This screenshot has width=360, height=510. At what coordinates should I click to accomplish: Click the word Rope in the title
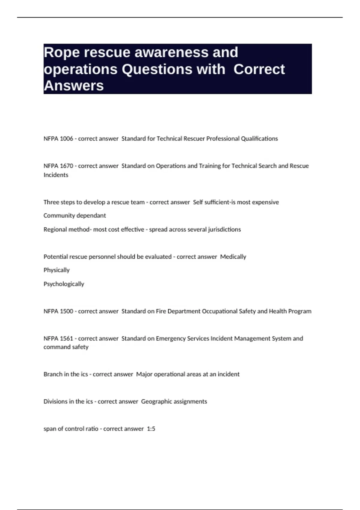(x=61, y=53)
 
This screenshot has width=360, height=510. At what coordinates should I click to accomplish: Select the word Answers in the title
(x=73, y=86)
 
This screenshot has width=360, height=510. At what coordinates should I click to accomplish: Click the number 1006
(x=66, y=139)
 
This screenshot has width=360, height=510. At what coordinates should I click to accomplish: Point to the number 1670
(x=66, y=166)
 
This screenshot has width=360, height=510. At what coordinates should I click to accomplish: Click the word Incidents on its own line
(x=56, y=175)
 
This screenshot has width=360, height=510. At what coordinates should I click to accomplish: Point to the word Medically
(x=233, y=257)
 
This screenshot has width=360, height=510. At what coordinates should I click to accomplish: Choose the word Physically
(x=56, y=270)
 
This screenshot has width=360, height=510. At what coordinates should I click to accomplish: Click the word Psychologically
(x=64, y=284)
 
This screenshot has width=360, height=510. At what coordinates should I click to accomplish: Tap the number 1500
(x=66, y=311)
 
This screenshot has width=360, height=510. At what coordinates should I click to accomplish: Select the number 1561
(x=66, y=339)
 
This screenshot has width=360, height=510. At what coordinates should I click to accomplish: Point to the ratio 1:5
(x=151, y=429)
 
